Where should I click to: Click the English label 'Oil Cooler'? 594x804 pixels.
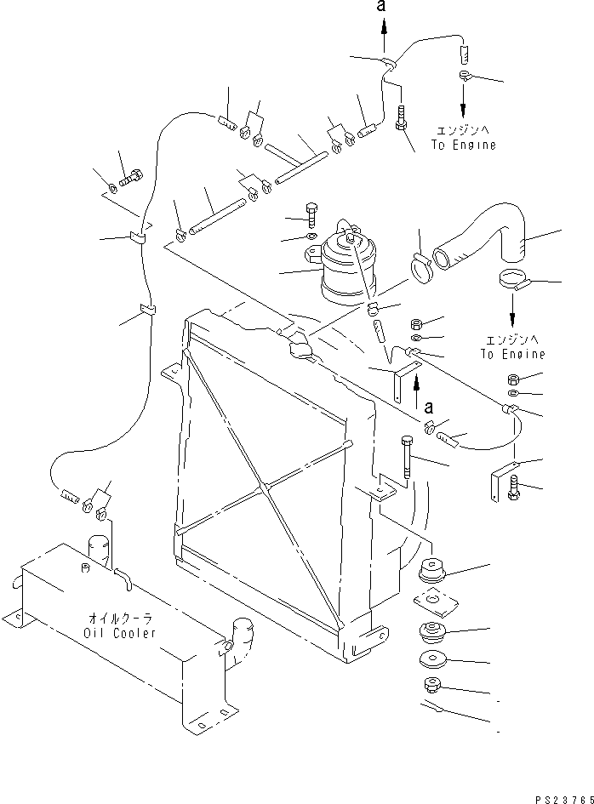pyautogui.click(x=119, y=633)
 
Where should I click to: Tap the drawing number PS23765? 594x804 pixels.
pyautogui.click(x=564, y=800)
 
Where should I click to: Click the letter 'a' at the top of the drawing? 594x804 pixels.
pyautogui.click(x=380, y=6)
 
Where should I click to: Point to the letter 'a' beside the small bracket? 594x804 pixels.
pyautogui.click(x=429, y=408)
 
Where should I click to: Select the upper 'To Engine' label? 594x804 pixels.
pyautogui.click(x=464, y=145)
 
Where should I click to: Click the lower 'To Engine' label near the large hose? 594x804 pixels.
pyautogui.click(x=512, y=354)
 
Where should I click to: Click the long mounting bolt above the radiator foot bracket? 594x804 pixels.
pyautogui.click(x=406, y=457)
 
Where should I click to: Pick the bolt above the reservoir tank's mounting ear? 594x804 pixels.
pyautogui.click(x=311, y=215)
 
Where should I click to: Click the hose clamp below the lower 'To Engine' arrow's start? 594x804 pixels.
pyautogui.click(x=513, y=281)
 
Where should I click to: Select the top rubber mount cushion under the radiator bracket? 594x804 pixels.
pyautogui.click(x=432, y=570)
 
